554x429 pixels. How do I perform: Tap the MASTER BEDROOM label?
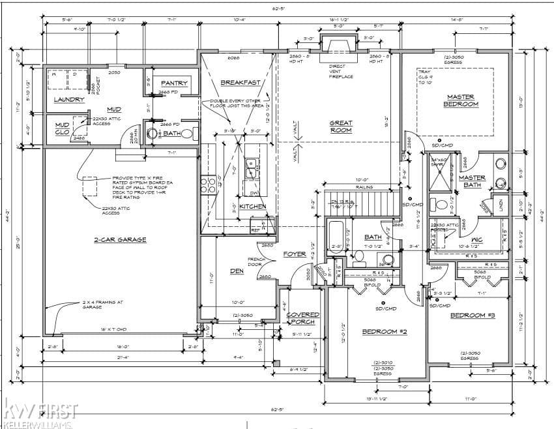tap(461, 100)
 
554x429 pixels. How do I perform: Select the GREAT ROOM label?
tap(340, 126)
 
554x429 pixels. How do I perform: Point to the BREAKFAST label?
tap(240, 83)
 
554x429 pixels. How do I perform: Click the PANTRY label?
tap(174, 83)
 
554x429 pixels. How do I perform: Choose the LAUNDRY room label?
tap(69, 100)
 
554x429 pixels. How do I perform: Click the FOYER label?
tap(295, 254)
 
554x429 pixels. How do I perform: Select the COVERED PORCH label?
tap(303, 318)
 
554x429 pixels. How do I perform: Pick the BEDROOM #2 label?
tap(385, 332)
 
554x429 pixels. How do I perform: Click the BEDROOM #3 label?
tap(473, 316)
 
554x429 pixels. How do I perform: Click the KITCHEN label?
tap(253, 206)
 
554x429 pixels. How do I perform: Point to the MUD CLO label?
tap(62, 128)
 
